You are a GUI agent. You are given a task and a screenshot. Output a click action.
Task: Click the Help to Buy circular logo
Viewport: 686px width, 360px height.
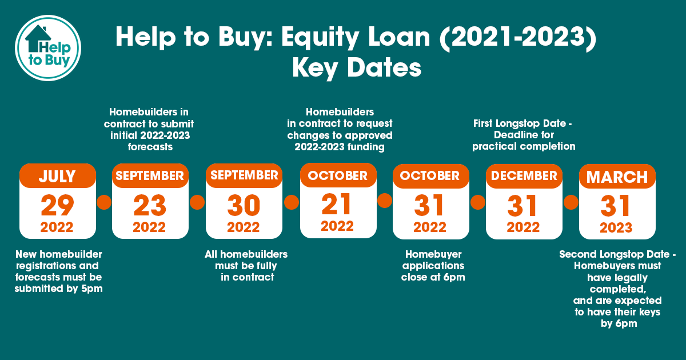coord(48,48)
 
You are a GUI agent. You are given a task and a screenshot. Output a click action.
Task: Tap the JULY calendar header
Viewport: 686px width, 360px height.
coord(58,177)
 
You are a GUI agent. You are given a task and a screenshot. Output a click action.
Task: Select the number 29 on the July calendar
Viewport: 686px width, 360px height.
coord(57,205)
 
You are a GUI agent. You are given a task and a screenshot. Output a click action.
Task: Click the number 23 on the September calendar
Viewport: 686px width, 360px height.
coord(150,205)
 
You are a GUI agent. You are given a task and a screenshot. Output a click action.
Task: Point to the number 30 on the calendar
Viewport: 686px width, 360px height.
coord(244,205)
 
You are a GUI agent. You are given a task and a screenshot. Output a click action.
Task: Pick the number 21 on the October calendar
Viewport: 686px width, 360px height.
coord(336,204)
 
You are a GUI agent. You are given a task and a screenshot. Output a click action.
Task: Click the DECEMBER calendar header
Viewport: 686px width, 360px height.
coord(524,176)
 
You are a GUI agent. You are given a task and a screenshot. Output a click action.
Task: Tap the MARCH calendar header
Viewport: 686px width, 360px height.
coord(617,177)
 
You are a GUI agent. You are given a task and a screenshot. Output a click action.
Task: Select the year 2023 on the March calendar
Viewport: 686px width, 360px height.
coord(616,228)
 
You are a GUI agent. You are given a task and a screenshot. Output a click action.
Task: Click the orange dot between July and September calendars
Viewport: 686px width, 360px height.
coord(104,202)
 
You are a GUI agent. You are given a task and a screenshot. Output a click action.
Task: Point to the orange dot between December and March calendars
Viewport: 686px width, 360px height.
coord(571,202)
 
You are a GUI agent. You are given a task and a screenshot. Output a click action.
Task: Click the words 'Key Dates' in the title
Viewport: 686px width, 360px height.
coord(357,68)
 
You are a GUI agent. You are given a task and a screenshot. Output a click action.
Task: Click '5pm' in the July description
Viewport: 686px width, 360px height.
coord(92,289)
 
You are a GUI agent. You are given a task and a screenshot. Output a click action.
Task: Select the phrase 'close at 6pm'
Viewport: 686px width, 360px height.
coord(433,277)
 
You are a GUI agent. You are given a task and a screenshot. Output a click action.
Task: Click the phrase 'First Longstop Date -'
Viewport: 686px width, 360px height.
coord(523,123)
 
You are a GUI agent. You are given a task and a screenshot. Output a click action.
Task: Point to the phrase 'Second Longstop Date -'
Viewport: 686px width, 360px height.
coord(617,254)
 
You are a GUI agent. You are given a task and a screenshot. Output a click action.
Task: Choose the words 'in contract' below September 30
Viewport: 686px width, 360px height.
coord(248,277)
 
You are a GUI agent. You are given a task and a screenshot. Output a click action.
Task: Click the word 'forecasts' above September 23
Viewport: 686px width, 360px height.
coord(150,147)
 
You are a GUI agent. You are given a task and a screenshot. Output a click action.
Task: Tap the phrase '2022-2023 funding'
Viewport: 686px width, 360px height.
coord(340,147)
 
